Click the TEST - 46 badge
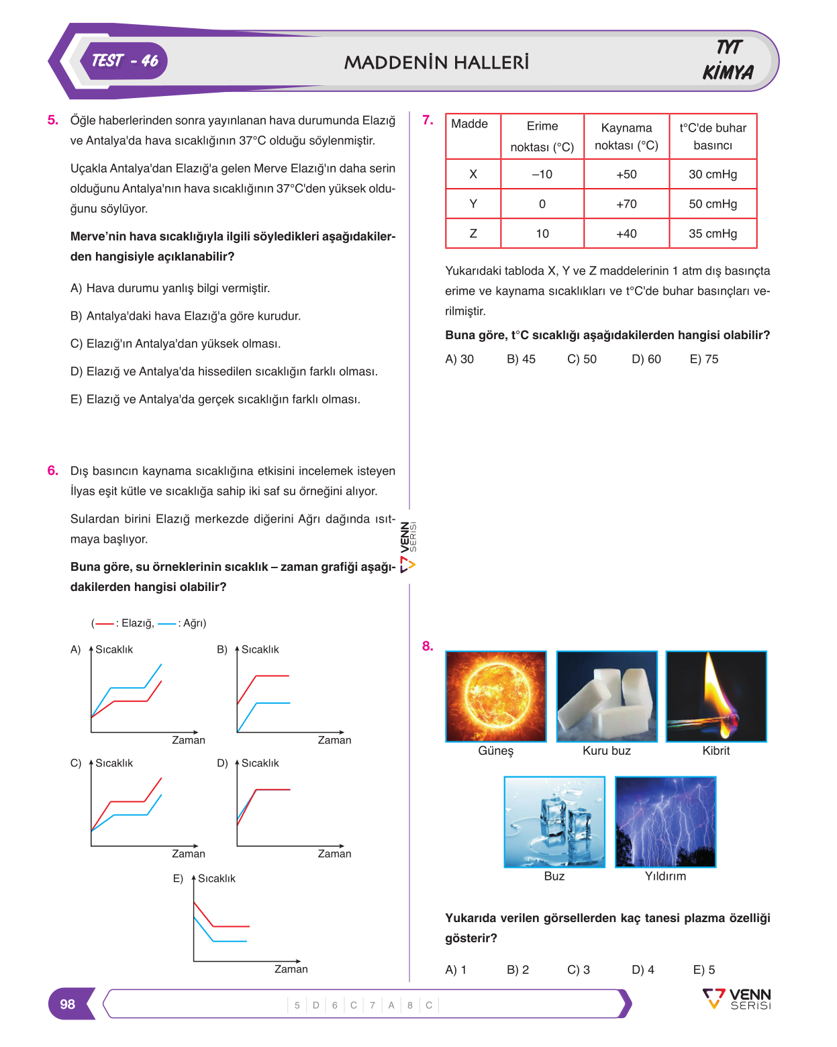(x=124, y=61)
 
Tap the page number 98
(x=67, y=1004)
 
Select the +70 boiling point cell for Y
(x=626, y=203)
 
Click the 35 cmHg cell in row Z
(x=713, y=234)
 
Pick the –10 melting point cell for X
(x=542, y=174)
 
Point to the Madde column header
(x=469, y=124)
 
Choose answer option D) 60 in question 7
(x=646, y=359)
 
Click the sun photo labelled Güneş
(x=495, y=696)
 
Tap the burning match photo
(x=716, y=696)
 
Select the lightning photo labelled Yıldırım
(x=665, y=822)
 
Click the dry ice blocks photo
(x=607, y=696)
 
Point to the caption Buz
(x=554, y=876)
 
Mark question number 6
(x=52, y=471)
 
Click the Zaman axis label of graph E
(x=291, y=968)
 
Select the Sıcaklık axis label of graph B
(x=260, y=649)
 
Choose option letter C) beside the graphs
(x=75, y=763)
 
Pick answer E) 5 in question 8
(x=703, y=970)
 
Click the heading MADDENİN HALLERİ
(x=436, y=62)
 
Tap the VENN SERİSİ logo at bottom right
(x=736, y=999)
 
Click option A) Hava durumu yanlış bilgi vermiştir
(x=170, y=288)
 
